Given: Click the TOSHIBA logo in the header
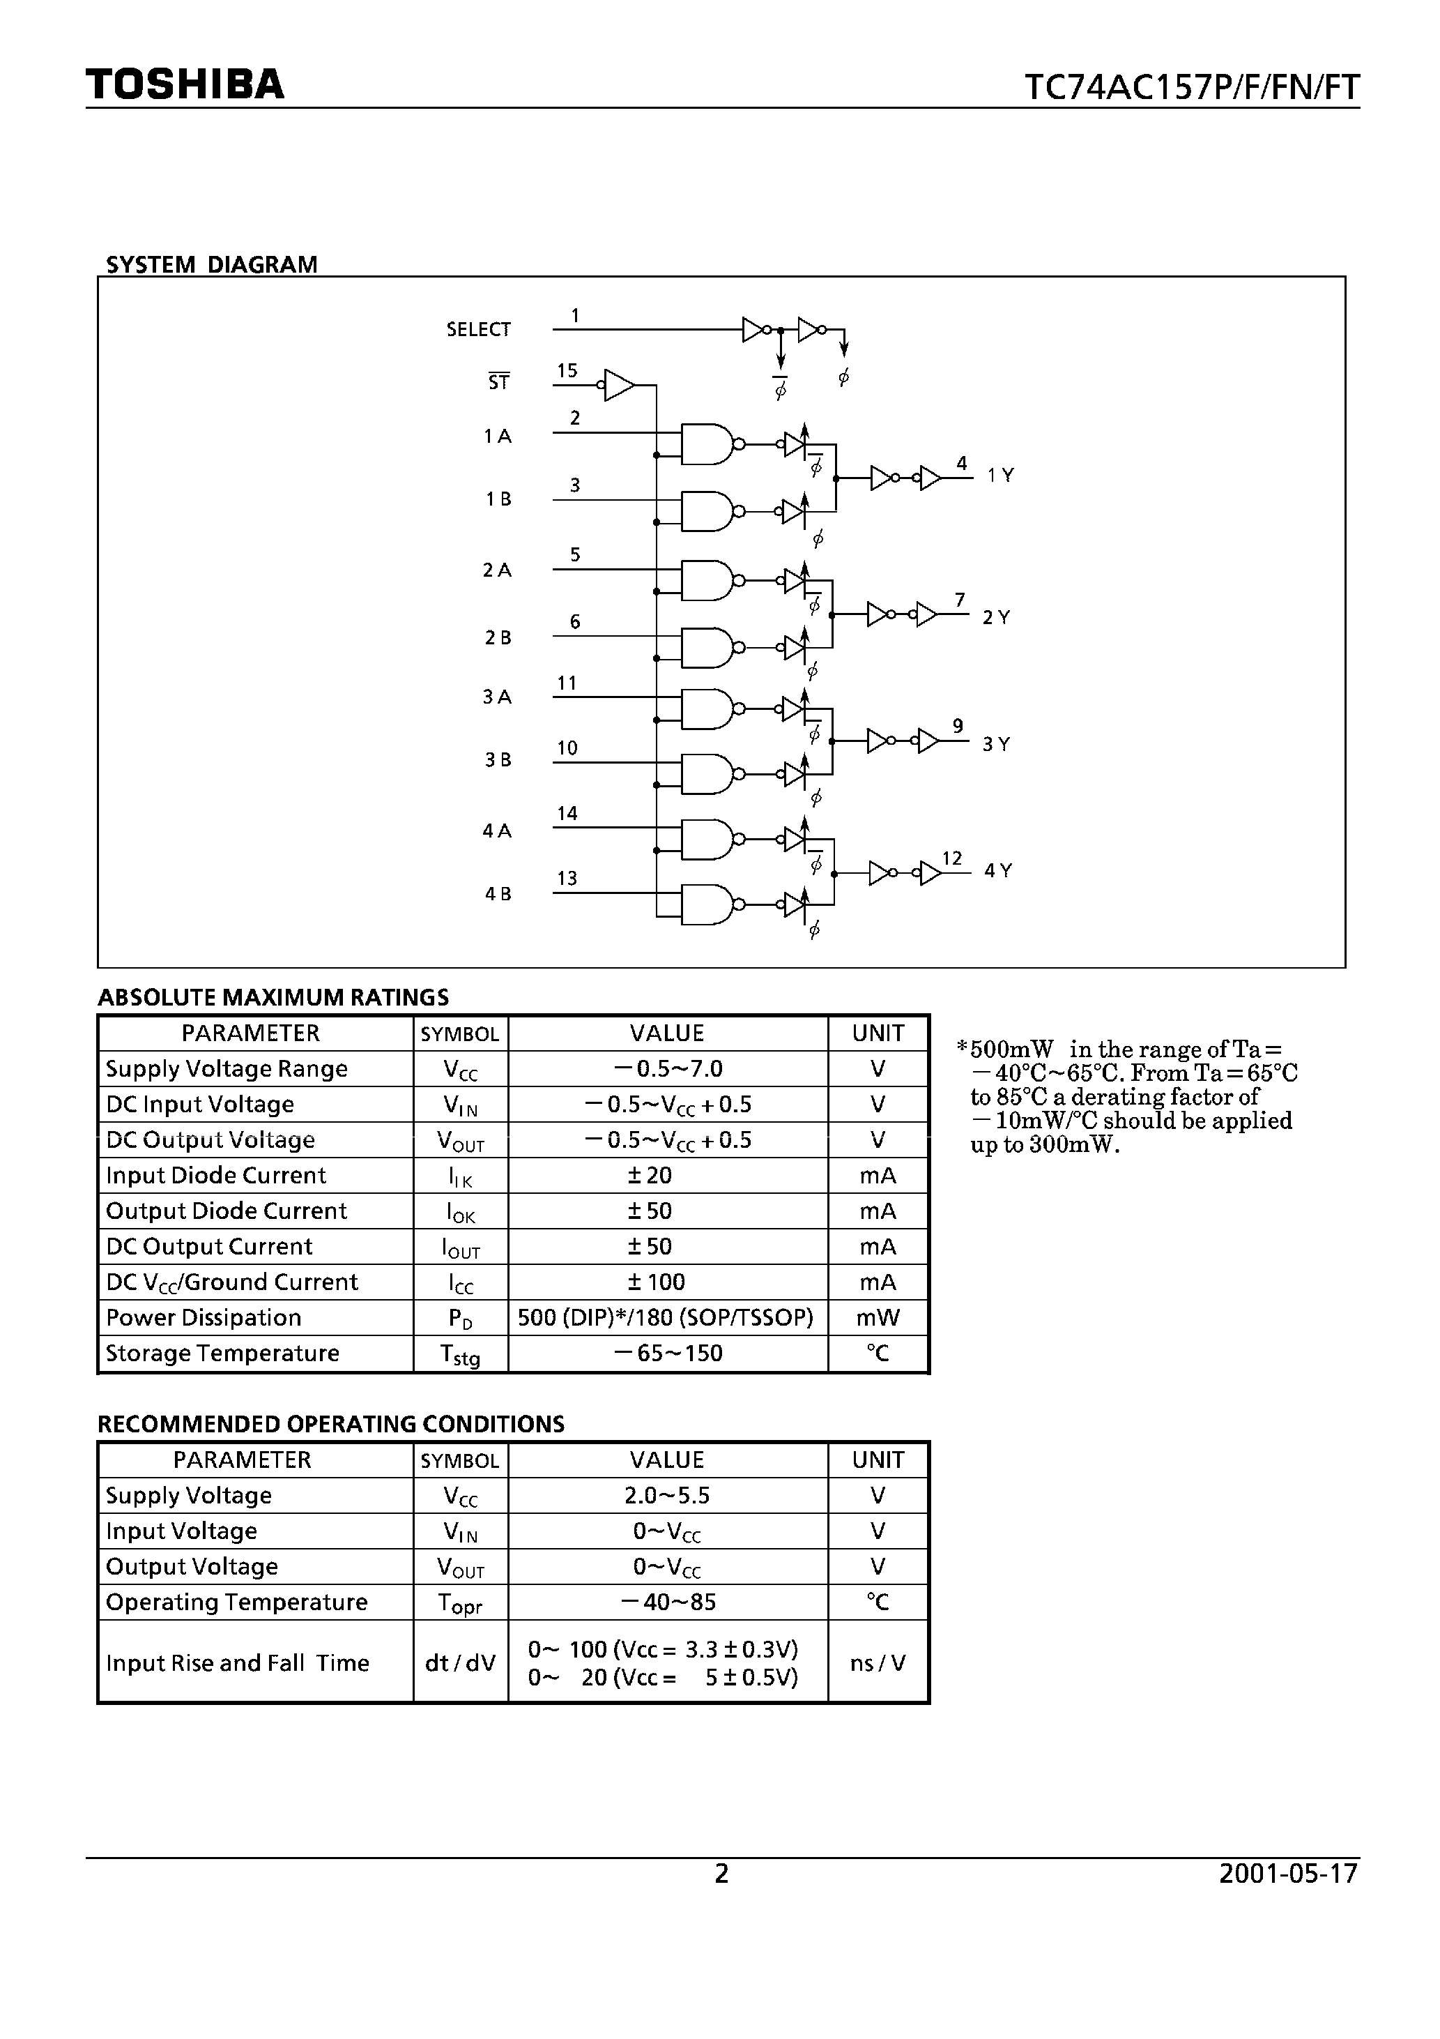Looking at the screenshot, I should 185,84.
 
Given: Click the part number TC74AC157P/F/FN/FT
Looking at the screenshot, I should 1191,87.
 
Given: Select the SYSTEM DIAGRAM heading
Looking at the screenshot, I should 211,265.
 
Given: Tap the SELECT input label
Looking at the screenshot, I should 479,329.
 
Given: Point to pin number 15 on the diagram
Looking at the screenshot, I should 567,370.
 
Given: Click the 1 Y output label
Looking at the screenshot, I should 1001,475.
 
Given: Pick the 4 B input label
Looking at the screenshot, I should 498,893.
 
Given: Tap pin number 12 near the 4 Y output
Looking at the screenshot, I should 951,858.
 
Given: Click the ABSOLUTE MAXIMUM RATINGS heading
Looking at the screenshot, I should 273,997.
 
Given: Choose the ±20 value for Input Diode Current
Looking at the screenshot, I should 650,1175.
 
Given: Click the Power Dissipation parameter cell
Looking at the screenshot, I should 204,1317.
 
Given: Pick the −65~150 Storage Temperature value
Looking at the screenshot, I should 668,1353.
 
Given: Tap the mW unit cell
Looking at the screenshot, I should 877,1317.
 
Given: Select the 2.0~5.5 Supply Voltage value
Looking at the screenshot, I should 667,1496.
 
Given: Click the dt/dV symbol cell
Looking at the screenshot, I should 460,1662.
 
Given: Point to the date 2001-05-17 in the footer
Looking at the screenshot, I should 1288,1873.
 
